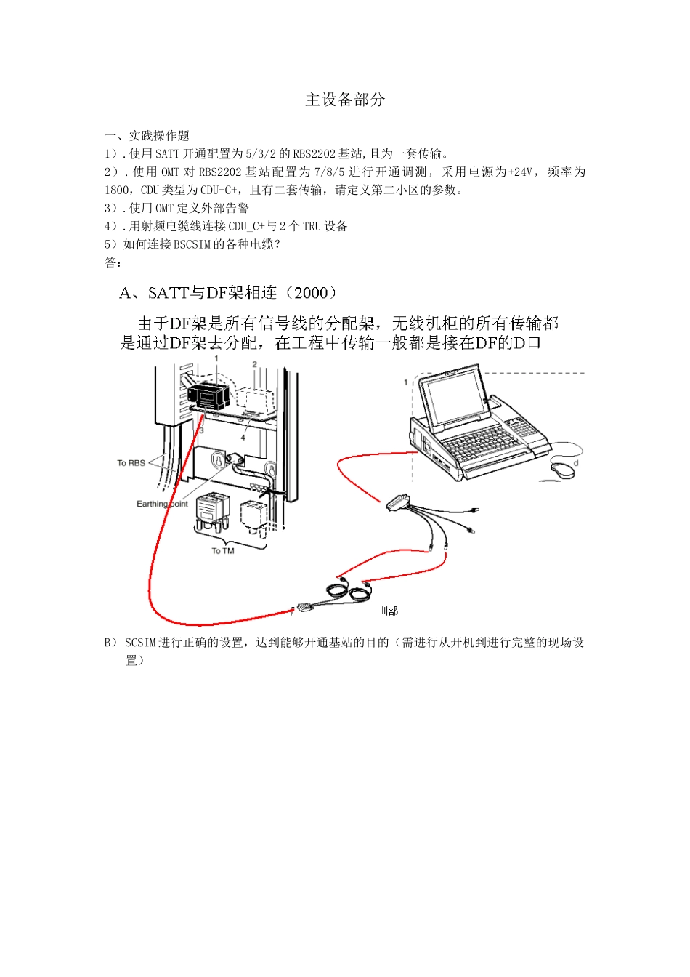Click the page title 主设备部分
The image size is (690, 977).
[345, 100]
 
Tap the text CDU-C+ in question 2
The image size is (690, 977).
[220, 190]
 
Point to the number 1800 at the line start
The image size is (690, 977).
[117, 190]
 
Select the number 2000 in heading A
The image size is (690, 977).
[312, 293]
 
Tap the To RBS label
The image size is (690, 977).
[131, 463]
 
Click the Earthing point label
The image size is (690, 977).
[162, 504]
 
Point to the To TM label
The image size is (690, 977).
[223, 551]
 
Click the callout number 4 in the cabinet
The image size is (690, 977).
[243, 438]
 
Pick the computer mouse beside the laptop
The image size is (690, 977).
[563, 470]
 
